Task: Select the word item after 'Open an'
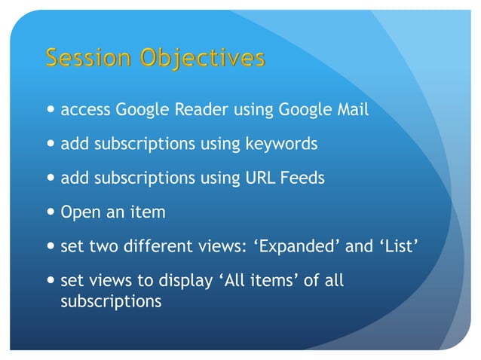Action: pos(148,212)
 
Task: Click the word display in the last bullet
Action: pos(184,282)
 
